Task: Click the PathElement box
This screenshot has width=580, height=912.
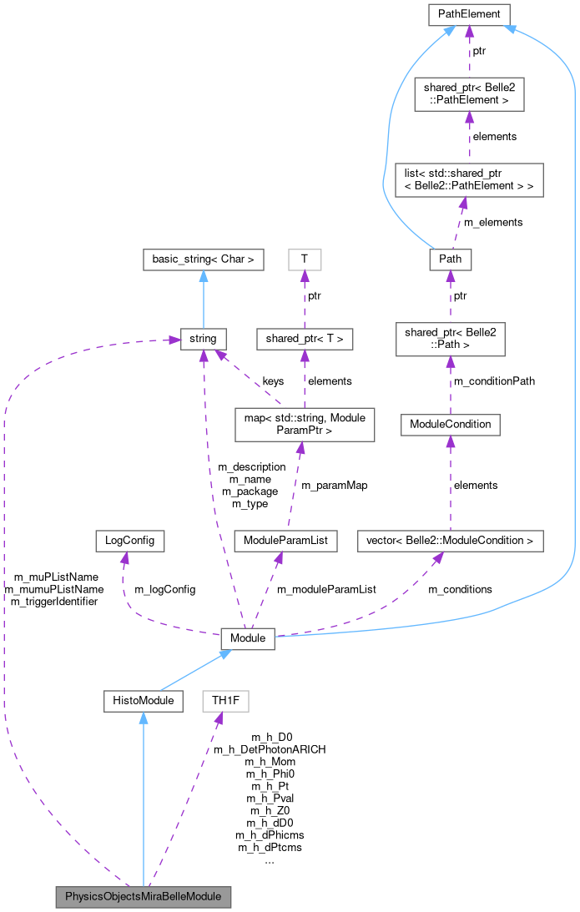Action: tap(469, 14)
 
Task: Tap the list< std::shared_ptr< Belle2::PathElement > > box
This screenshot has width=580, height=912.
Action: tap(469, 179)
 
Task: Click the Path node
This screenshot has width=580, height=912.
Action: tap(450, 260)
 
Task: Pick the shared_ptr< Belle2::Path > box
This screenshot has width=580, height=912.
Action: tap(450, 340)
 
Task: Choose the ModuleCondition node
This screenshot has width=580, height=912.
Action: tap(450, 425)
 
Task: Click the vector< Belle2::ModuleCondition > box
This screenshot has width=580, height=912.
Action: tap(438, 540)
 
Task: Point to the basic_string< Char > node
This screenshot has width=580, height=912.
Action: tap(203, 259)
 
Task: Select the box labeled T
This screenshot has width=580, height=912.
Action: tap(305, 259)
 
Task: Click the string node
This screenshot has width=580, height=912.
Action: tap(203, 339)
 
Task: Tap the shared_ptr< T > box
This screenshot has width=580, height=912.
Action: tap(305, 339)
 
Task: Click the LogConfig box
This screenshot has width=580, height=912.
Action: tap(118, 540)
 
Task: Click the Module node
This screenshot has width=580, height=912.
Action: tap(247, 638)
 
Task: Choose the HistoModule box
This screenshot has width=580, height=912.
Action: tap(144, 700)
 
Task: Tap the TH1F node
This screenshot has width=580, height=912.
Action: tap(225, 700)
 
